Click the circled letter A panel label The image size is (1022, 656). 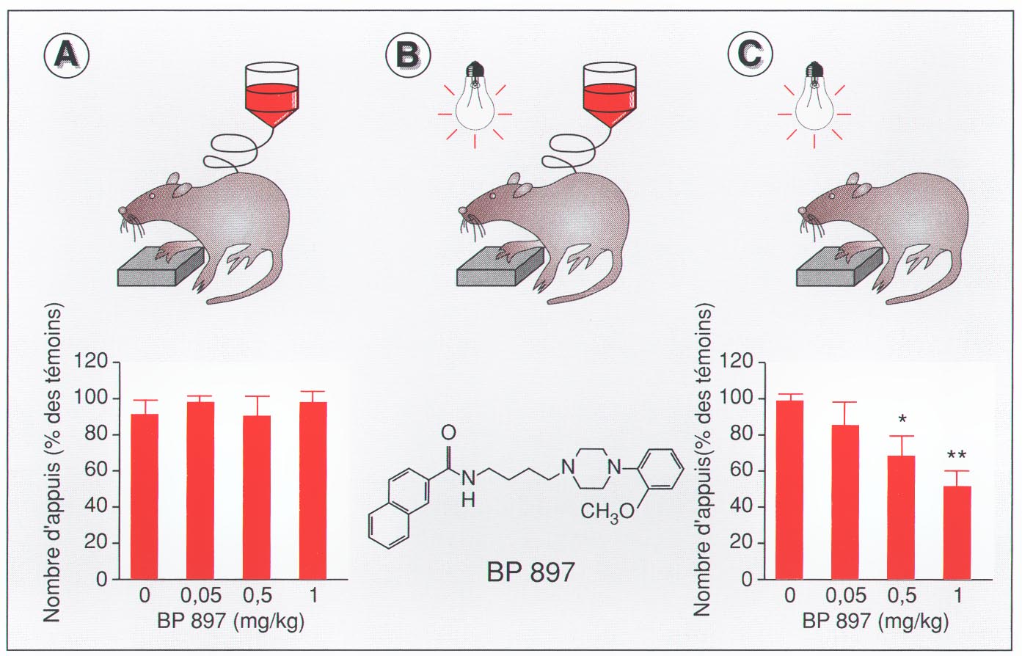[x=66, y=55]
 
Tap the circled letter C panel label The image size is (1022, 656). [x=750, y=55]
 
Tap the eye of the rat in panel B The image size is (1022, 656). [x=493, y=196]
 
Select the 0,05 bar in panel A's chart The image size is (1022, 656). [x=200, y=490]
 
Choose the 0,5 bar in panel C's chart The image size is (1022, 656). [x=901, y=517]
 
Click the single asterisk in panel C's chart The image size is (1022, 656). [x=902, y=420]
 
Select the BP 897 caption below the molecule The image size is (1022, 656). [x=530, y=572]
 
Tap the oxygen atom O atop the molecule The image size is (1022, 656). [x=449, y=431]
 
